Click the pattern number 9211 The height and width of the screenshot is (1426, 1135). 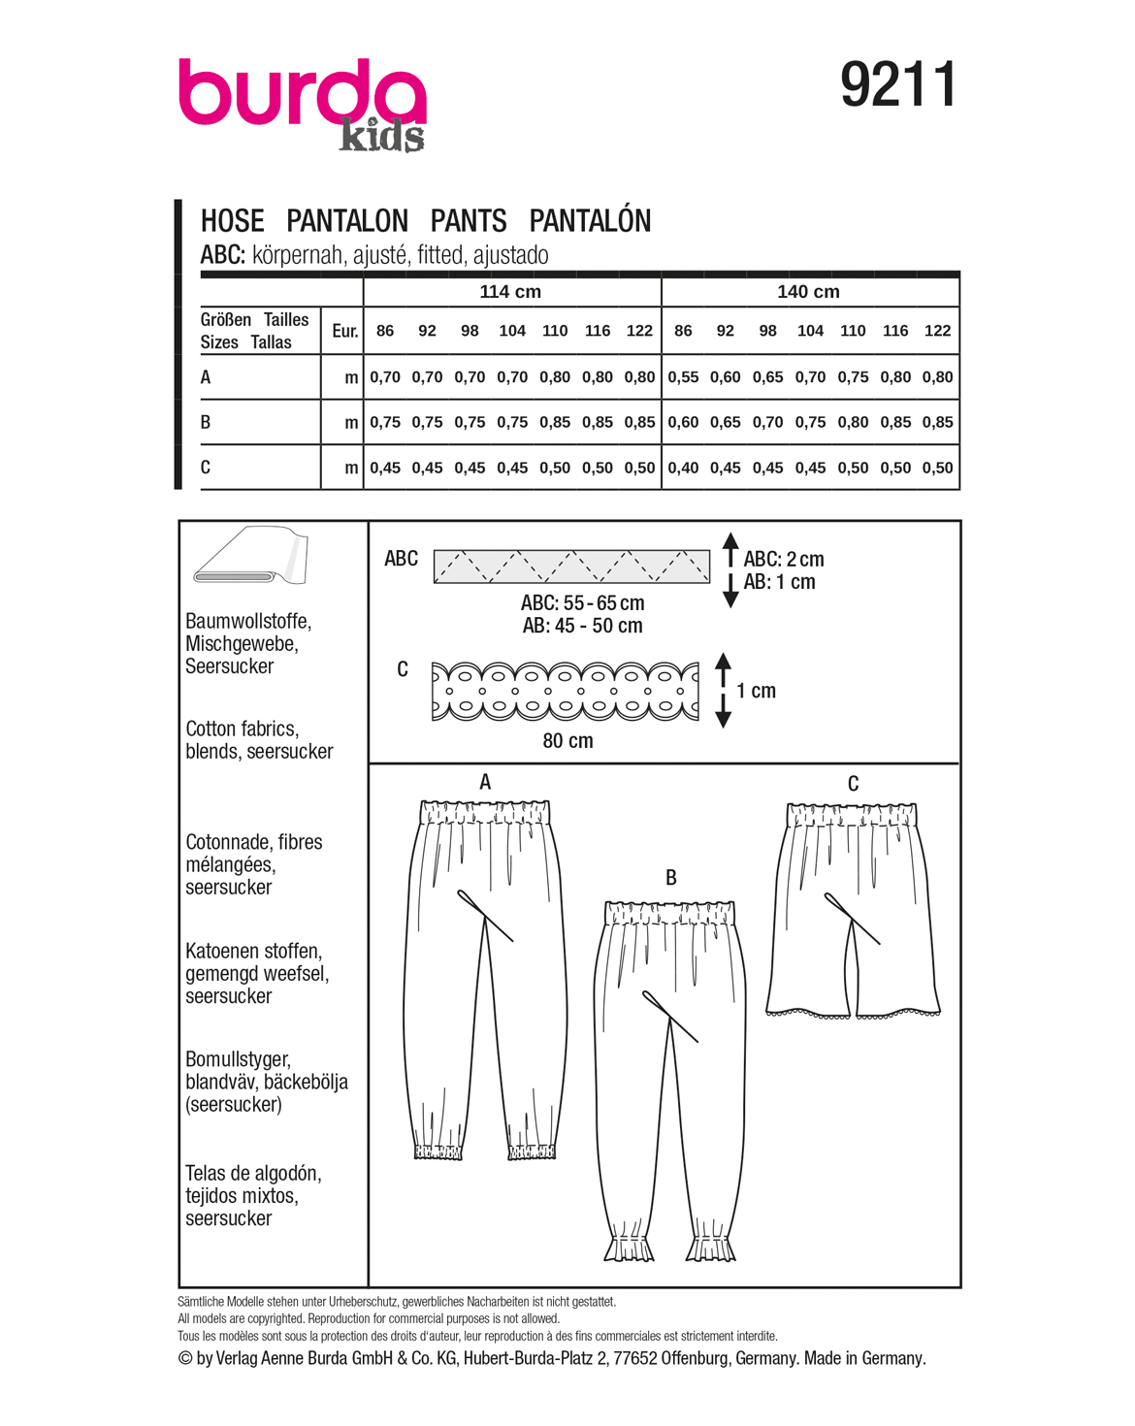[898, 84]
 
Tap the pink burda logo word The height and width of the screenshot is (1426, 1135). [301, 94]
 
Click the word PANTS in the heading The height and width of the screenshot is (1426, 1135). [469, 221]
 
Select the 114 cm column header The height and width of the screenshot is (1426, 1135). [510, 292]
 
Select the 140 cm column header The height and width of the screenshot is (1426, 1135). [808, 292]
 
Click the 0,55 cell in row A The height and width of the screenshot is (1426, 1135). [683, 377]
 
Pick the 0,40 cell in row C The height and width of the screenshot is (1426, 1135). [683, 468]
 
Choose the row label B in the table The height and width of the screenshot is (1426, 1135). [206, 422]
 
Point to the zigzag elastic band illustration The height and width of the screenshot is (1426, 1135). [571, 567]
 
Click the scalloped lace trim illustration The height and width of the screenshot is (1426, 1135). [565, 692]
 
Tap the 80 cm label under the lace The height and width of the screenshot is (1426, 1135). [567, 741]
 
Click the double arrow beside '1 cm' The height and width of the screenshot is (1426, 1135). [723, 690]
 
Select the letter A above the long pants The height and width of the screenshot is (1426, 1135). [485, 782]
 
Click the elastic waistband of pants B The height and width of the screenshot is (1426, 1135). [670, 913]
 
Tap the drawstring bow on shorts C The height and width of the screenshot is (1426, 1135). [851, 916]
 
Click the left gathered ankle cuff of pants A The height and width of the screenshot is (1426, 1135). [438, 1151]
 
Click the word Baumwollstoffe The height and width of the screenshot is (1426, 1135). [248, 621]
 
